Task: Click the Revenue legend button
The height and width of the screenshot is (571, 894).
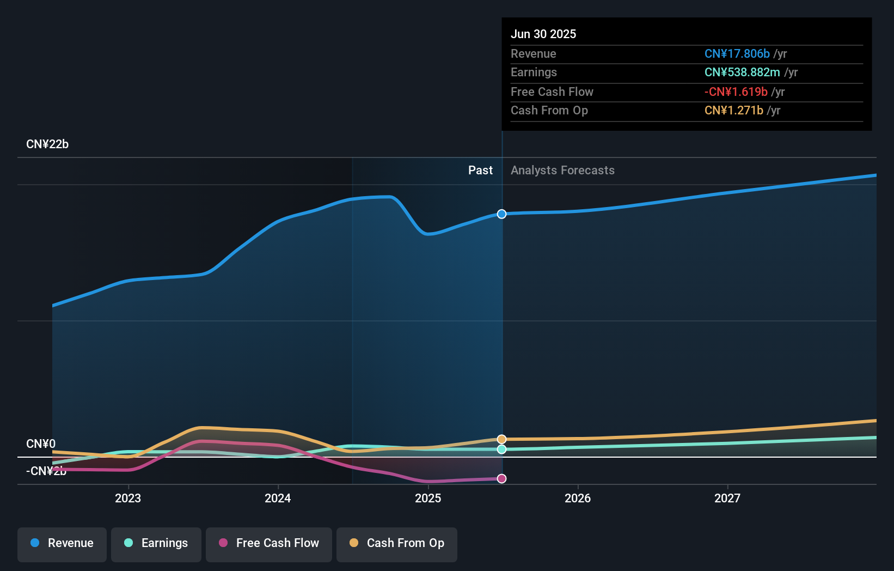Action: [62, 544]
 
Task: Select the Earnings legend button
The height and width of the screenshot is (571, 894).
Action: [156, 544]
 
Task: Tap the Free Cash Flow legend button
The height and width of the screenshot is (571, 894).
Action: [269, 544]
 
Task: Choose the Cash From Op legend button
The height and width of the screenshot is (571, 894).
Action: [397, 544]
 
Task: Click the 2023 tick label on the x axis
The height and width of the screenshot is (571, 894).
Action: [128, 498]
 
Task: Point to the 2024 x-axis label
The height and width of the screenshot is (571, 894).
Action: [278, 498]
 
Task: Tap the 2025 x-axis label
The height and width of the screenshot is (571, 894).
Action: [428, 498]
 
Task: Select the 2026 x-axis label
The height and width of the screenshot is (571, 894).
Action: [578, 498]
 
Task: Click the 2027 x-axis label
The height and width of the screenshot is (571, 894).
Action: [727, 498]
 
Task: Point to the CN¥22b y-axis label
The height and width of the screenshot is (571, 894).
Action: [47, 144]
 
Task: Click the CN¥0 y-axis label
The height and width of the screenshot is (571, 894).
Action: [41, 444]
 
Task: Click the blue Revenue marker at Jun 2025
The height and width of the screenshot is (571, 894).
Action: [502, 214]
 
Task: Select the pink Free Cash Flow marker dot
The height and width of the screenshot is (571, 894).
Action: [502, 478]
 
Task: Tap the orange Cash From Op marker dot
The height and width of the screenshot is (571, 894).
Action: [502, 439]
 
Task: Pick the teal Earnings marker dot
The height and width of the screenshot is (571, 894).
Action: [502, 449]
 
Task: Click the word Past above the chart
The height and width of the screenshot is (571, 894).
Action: [480, 171]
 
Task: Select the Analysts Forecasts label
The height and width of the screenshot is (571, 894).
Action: [562, 171]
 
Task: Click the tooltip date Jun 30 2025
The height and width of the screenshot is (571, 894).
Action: [543, 34]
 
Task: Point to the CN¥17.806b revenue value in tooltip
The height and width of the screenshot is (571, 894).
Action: [737, 54]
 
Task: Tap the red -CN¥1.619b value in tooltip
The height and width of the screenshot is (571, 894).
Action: [736, 92]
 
